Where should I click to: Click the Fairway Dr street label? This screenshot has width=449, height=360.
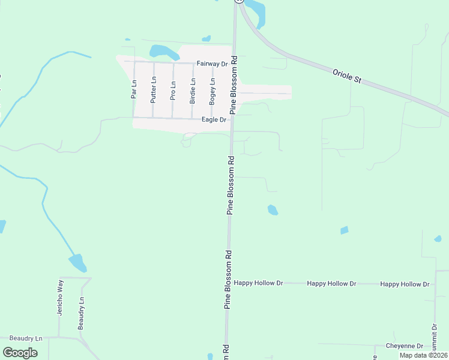pyautogui.click(x=212, y=63)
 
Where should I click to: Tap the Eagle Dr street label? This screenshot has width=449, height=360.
pyautogui.click(x=214, y=120)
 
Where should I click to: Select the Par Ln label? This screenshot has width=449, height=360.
pyautogui.click(x=134, y=90)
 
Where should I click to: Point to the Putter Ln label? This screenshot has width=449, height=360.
pyautogui.click(x=154, y=90)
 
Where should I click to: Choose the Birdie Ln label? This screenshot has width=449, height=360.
pyautogui.click(x=193, y=90)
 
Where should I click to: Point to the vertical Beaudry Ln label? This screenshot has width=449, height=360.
pyautogui.click(x=80, y=313)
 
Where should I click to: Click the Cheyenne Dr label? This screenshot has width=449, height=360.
pyautogui.click(x=405, y=346)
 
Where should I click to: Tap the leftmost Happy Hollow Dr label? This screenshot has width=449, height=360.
pyautogui.click(x=258, y=283)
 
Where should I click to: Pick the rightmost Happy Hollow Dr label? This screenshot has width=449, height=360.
pyautogui.click(x=405, y=284)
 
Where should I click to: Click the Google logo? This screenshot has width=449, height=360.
pyautogui.click(x=20, y=353)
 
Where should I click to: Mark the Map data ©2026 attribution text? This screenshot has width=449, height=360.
pyautogui.click(x=423, y=355)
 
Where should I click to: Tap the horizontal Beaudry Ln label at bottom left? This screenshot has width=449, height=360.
pyautogui.click(x=22, y=339)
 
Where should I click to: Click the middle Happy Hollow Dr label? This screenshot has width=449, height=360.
pyautogui.click(x=331, y=283)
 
